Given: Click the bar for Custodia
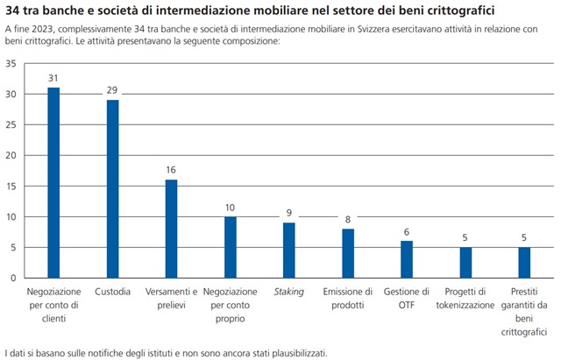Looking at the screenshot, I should (x=112, y=188).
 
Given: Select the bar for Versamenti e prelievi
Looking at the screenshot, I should (x=171, y=229).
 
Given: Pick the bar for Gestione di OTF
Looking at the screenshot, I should (x=406, y=259).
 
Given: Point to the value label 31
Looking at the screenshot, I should (x=53, y=79).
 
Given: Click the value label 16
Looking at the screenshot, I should (x=171, y=171).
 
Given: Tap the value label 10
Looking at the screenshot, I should (x=230, y=208).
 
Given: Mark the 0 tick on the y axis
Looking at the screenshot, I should (x=12, y=278).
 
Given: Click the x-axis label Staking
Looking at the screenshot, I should (x=288, y=291).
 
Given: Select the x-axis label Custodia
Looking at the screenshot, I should (x=112, y=291).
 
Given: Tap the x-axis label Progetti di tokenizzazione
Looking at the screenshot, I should (x=465, y=297).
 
